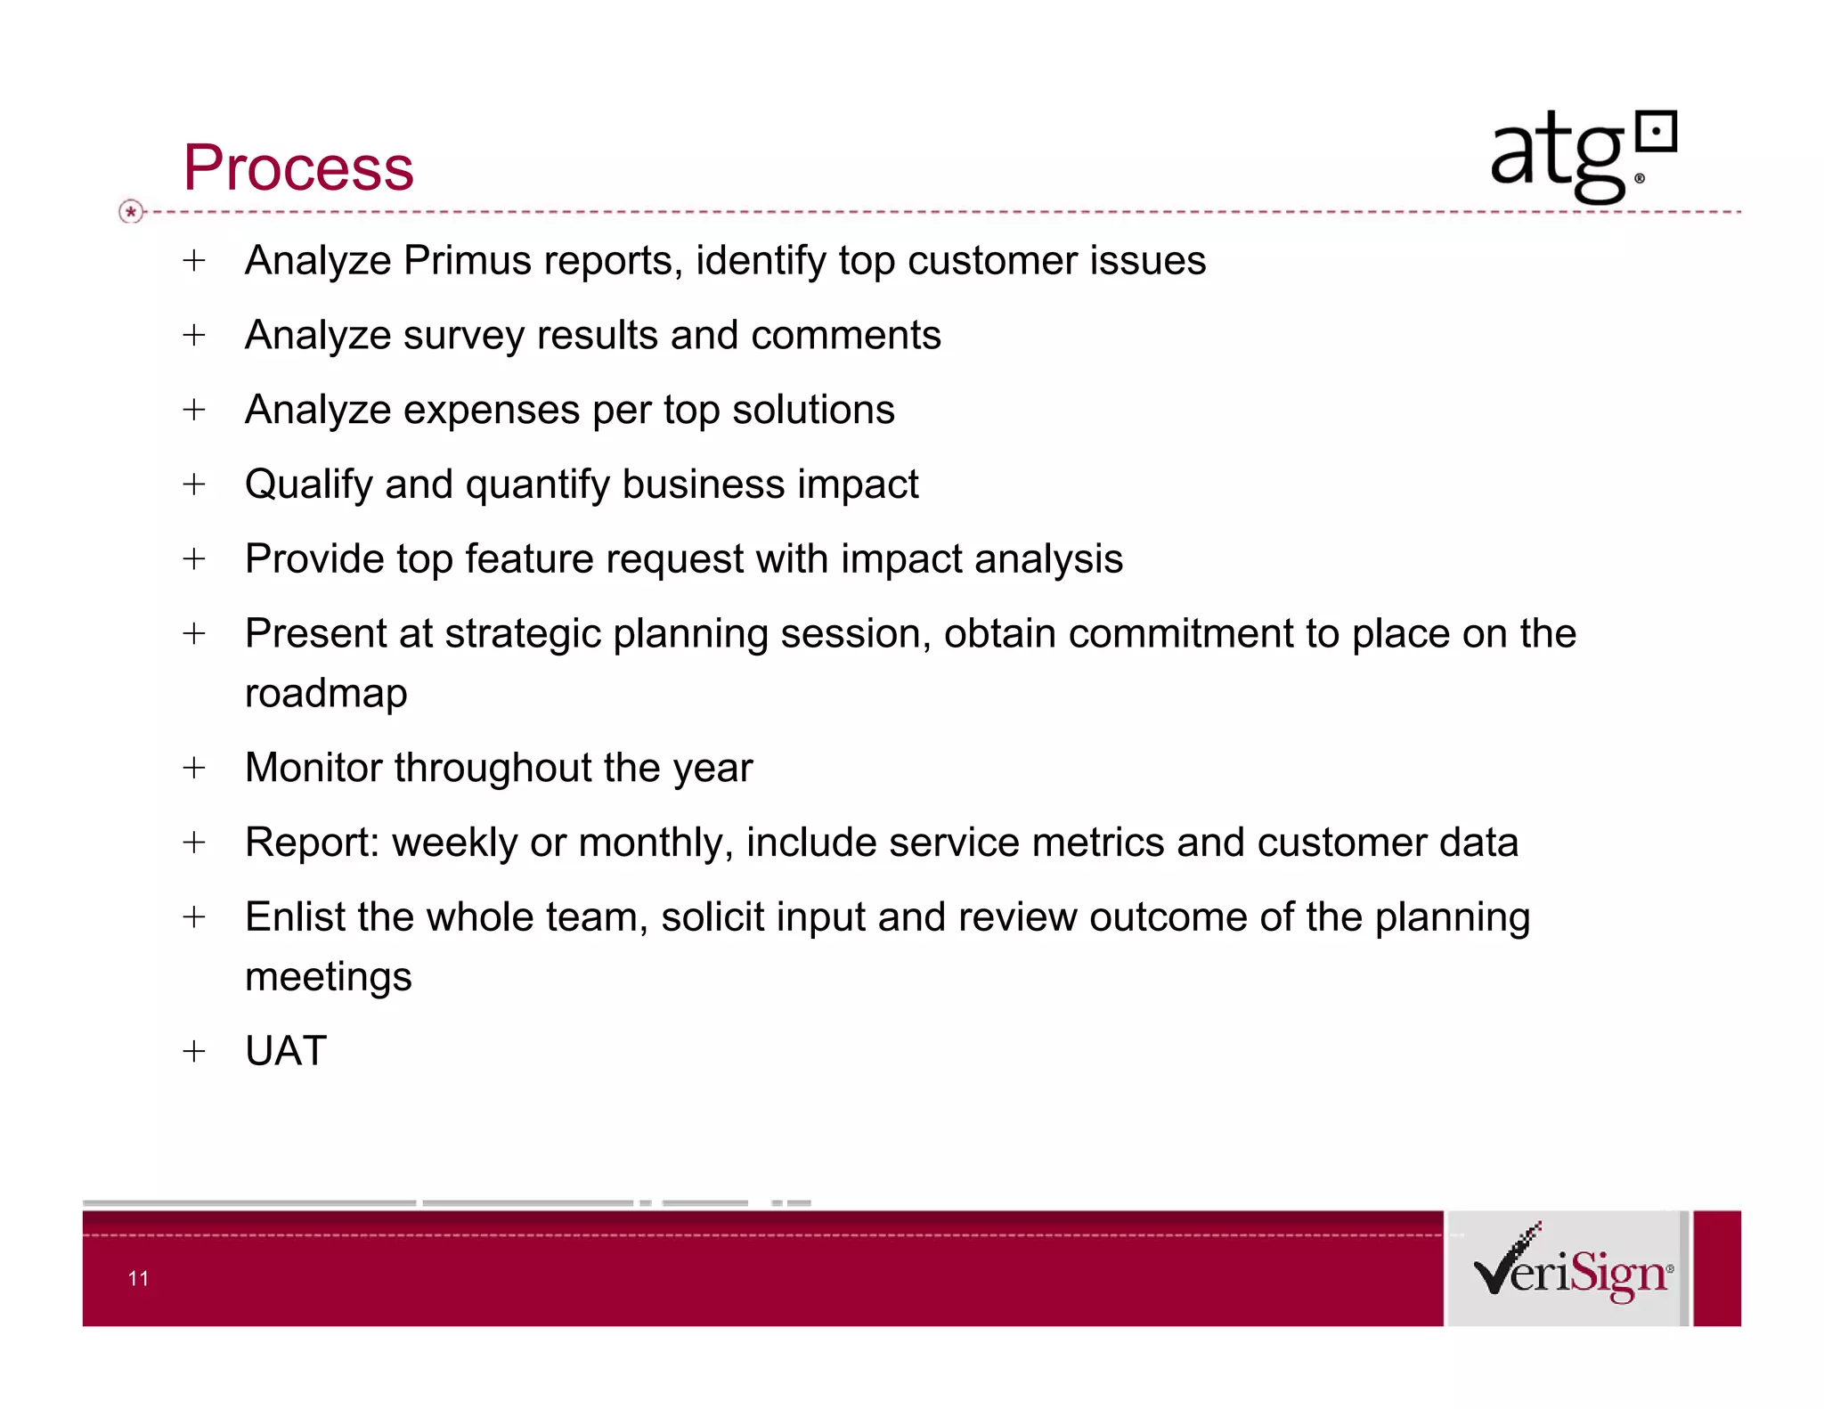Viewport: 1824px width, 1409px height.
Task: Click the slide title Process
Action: [298, 167]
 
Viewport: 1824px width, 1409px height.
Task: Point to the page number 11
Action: [138, 1279]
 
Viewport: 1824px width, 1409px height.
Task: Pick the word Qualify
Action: [308, 485]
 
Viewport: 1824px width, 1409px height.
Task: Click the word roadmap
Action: [326, 694]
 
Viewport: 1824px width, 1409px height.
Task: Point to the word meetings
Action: [328, 977]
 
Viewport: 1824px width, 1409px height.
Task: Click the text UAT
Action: [286, 1051]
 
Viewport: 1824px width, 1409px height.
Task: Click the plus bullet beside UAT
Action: [194, 1052]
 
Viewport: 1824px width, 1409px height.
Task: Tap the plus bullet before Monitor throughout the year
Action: [194, 768]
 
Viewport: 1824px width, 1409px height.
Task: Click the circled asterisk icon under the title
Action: [131, 212]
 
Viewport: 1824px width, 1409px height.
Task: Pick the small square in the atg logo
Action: [1657, 134]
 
